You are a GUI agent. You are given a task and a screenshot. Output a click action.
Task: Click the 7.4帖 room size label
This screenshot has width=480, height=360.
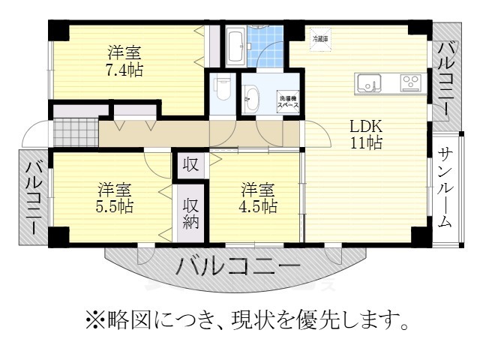(124, 70)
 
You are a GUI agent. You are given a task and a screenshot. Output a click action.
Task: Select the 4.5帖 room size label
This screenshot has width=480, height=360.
(258, 204)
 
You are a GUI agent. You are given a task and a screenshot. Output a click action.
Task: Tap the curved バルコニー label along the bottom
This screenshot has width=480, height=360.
(238, 267)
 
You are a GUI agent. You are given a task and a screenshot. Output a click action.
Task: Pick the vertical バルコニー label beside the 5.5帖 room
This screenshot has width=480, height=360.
(33, 196)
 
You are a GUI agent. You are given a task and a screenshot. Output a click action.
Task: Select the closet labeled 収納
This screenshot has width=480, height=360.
(191, 212)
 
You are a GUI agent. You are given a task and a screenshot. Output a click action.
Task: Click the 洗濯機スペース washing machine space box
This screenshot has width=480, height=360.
(289, 103)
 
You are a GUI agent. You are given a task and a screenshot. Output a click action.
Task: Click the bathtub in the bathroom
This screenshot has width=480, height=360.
(234, 46)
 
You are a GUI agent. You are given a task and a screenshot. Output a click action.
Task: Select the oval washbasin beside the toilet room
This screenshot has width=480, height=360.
(251, 97)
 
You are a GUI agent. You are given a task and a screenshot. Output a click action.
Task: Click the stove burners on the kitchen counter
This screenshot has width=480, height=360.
(410, 82)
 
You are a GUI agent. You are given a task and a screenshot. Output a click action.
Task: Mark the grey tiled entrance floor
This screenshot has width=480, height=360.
(75, 132)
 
